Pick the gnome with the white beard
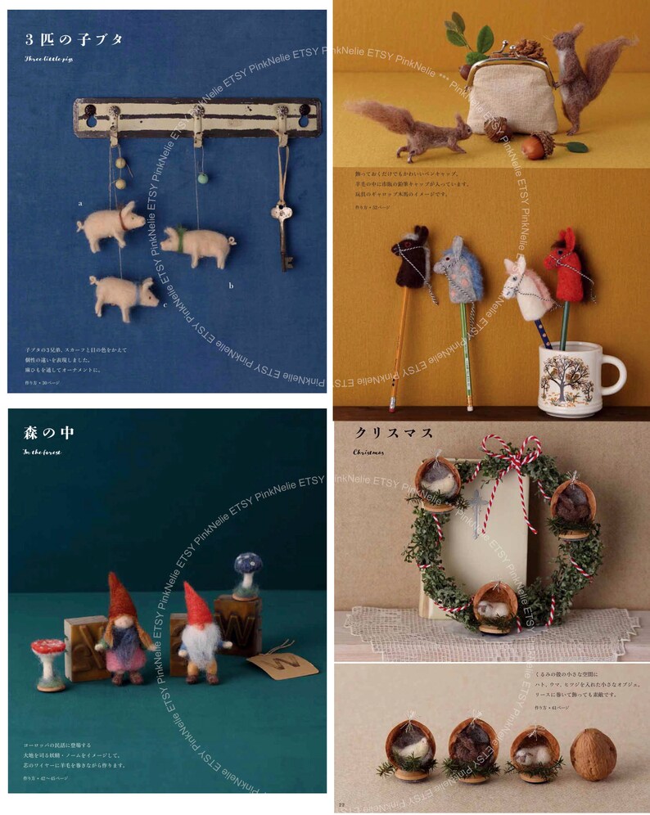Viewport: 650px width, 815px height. [x=198, y=633]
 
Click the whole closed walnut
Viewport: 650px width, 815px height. [x=593, y=754]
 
